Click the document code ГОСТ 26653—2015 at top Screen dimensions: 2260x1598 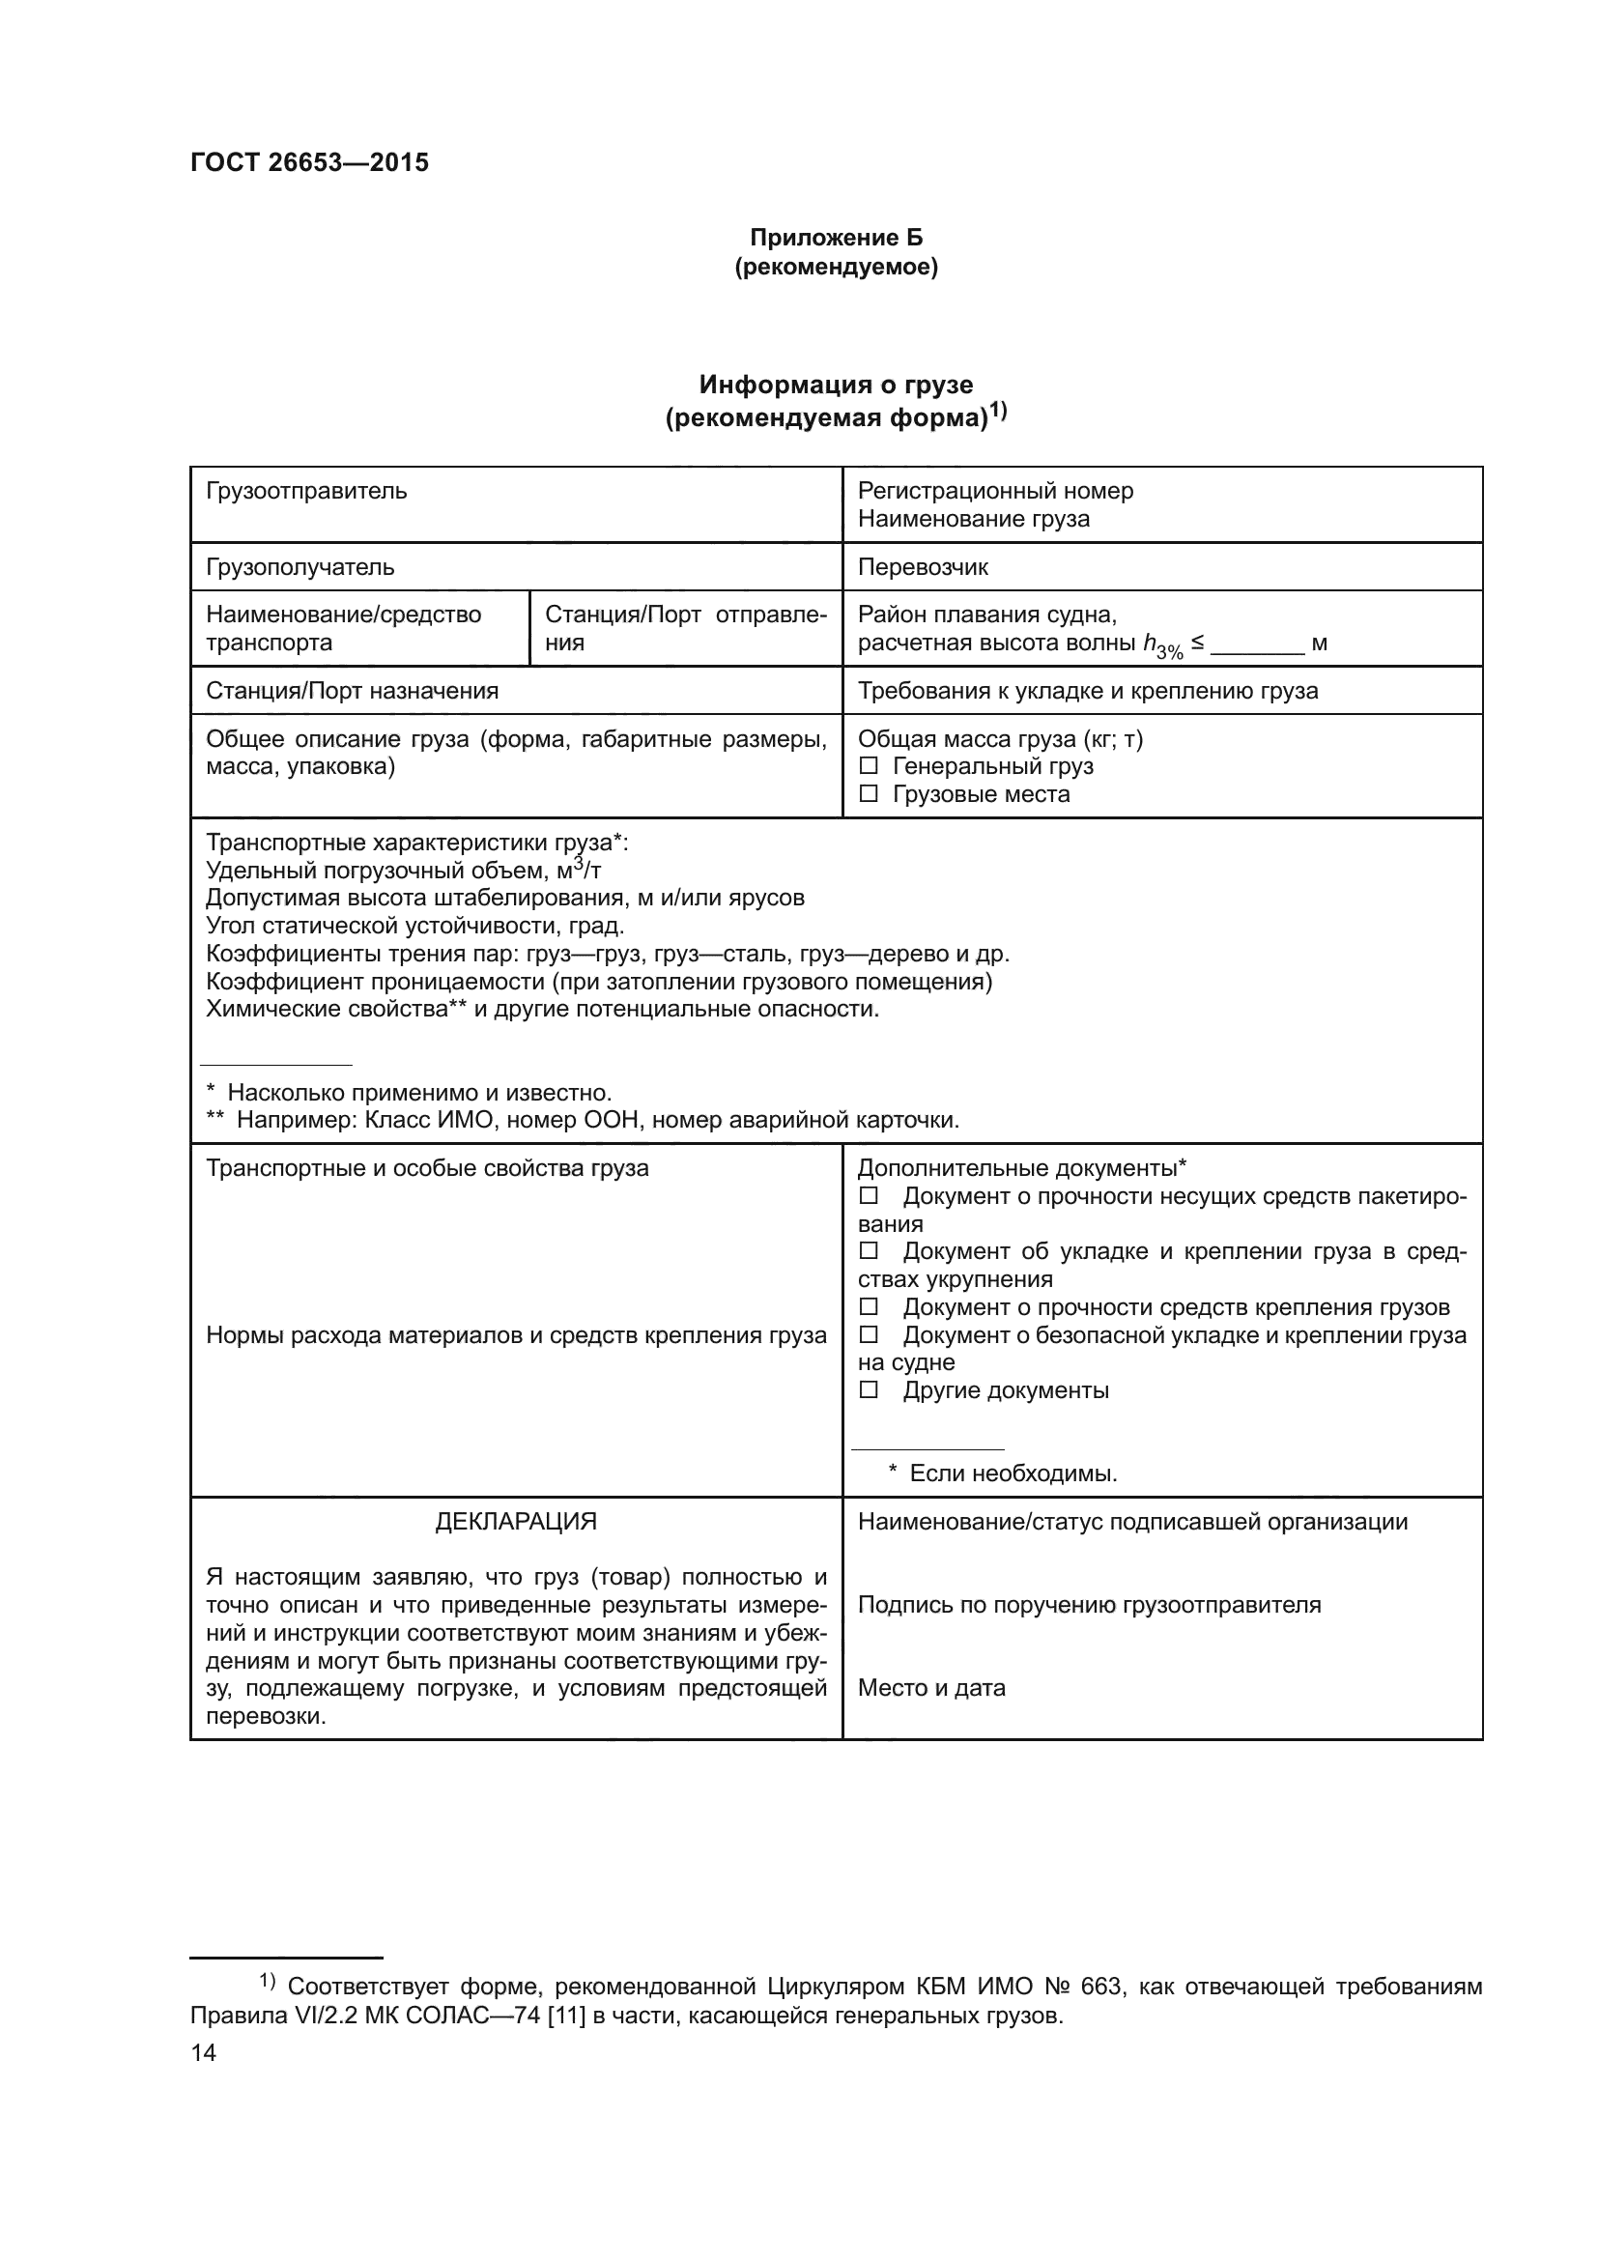pos(309,162)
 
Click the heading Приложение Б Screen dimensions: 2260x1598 pos(837,238)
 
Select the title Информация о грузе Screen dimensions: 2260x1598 pos(836,385)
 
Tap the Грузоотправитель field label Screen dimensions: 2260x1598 pos(306,490)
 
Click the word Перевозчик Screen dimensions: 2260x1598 pos(922,567)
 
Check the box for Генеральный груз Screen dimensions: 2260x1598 pos(868,766)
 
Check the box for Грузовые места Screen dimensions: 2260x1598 pos(868,793)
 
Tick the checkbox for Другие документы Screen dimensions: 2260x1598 pos(868,1389)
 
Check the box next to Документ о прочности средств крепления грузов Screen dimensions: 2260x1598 pos(868,1307)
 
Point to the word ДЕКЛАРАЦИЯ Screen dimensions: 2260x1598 pos(516,1522)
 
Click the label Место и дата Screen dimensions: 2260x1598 pos(930,1688)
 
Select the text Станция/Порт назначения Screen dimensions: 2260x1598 pos(352,690)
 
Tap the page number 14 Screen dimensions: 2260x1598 pos(203,2052)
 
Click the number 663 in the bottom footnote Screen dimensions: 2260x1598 pos(1100,1987)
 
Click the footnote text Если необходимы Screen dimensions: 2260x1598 pos(1013,1473)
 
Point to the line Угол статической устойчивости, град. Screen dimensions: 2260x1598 pos(414,926)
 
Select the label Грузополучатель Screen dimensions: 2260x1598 pos(300,567)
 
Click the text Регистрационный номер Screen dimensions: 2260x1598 pos(995,490)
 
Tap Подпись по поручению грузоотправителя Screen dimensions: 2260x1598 pos(1088,1605)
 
